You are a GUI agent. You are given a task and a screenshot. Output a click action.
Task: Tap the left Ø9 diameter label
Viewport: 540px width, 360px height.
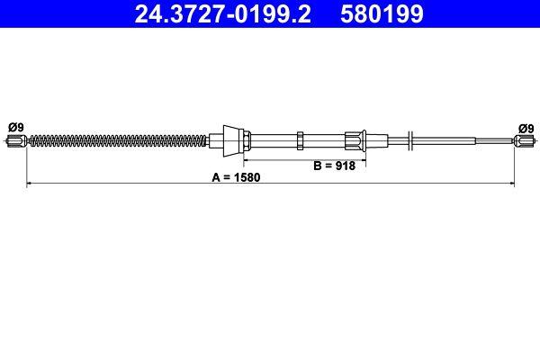[15, 127]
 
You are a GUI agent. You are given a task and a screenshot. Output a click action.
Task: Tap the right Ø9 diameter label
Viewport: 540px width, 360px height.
[523, 127]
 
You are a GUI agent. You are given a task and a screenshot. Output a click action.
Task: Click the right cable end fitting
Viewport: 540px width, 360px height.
[521, 139]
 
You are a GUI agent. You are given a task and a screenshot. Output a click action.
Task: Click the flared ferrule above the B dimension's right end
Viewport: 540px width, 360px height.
[354, 139]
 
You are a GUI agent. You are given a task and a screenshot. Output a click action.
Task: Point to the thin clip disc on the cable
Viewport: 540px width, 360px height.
[409, 139]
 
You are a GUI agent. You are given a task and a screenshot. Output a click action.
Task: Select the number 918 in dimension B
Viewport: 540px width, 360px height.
[346, 166]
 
